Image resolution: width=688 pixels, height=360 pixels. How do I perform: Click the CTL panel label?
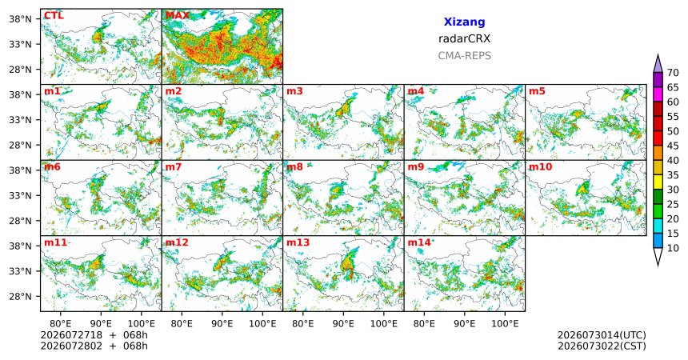point(54,16)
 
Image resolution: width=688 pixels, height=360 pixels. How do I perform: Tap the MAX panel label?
point(178,16)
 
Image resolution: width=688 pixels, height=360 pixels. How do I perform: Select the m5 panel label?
point(537,91)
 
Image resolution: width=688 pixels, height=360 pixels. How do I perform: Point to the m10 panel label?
point(540,167)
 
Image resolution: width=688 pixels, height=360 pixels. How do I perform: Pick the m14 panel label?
point(419,242)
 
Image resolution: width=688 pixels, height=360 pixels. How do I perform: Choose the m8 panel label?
point(294,167)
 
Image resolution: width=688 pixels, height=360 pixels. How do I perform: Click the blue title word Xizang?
point(464,22)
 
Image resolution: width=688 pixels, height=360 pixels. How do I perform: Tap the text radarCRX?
point(464,38)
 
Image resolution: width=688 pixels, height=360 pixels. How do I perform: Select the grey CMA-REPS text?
point(464,56)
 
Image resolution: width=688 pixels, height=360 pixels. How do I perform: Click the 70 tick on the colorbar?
point(673,73)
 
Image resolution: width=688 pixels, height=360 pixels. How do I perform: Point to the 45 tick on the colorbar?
point(673,146)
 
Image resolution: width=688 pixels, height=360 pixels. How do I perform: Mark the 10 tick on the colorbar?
point(673,248)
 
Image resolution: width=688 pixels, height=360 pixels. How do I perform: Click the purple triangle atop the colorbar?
point(658,65)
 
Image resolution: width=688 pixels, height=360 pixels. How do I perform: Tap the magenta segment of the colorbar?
point(658,94)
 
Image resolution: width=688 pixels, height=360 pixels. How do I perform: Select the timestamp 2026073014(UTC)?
point(602,335)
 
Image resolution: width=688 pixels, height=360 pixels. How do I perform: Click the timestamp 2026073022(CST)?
point(602,346)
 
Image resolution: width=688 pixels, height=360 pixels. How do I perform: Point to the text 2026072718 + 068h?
point(94,335)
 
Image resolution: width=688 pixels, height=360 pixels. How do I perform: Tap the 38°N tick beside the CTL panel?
point(20,19)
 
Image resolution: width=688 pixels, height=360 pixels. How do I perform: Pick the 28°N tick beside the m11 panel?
point(20,296)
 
